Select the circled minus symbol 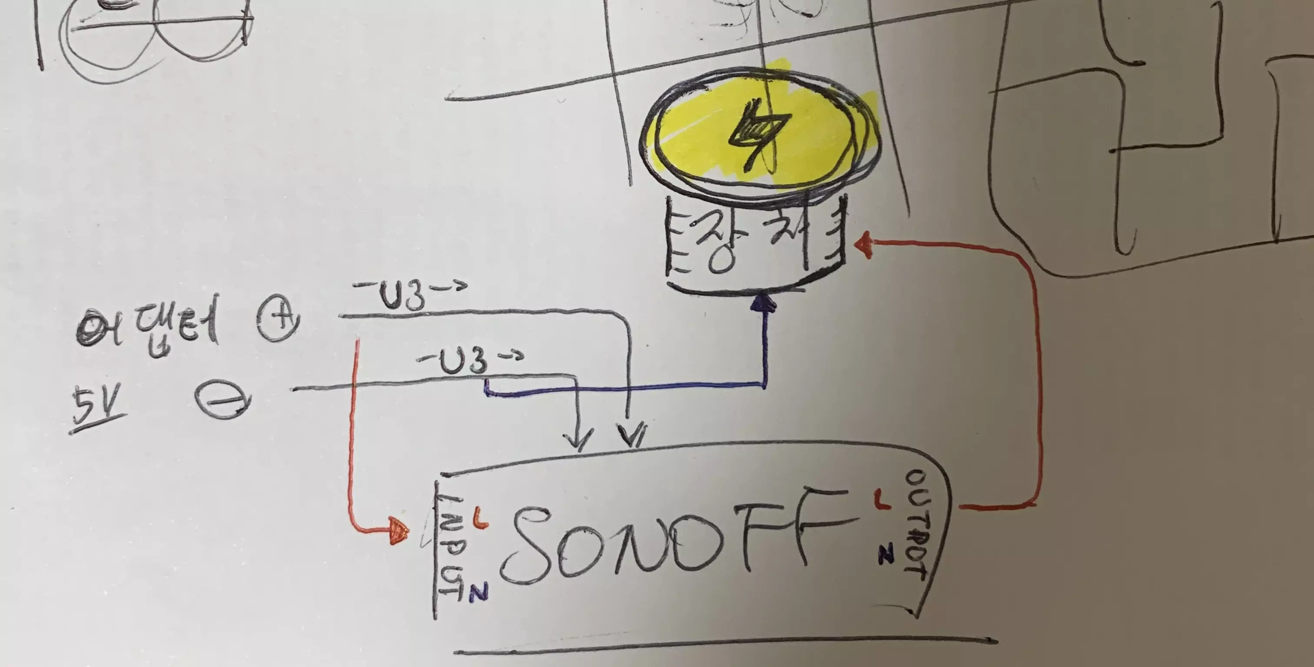223,400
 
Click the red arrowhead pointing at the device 863,245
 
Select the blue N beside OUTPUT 886,553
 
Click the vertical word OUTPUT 917,525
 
